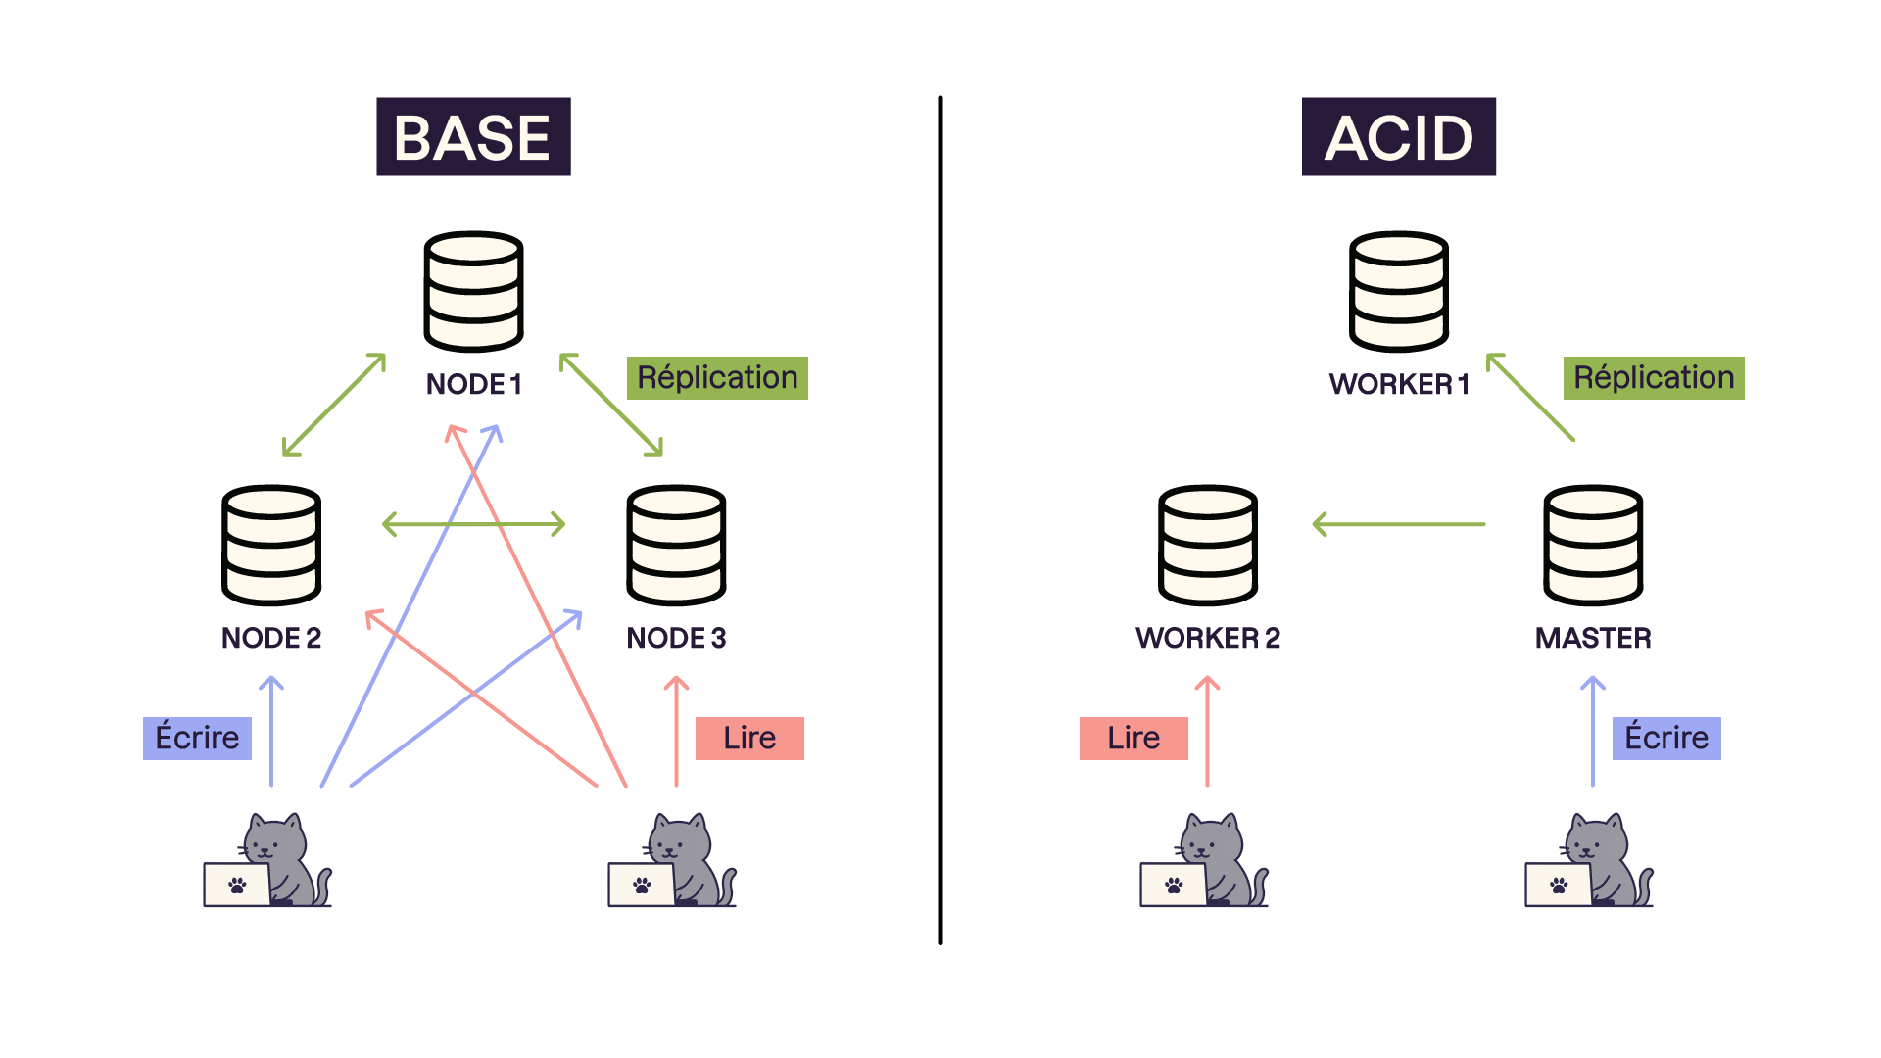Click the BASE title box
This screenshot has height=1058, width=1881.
[x=473, y=137]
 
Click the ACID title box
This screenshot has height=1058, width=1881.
[x=1398, y=137]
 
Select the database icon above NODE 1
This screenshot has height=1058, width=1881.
[x=473, y=291]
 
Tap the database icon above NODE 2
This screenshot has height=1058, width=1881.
[x=271, y=545]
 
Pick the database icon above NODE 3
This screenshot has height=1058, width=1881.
[x=676, y=545]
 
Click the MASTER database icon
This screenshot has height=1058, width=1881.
[x=1593, y=545]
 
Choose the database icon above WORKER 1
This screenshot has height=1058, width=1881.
[x=1398, y=291]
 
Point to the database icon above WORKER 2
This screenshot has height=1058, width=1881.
[x=1207, y=545]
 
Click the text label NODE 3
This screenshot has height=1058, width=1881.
[x=676, y=638]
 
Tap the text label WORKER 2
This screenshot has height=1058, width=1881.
[x=1207, y=638]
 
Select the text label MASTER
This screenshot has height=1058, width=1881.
[x=1593, y=638]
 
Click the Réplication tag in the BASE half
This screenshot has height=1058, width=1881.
[x=717, y=378]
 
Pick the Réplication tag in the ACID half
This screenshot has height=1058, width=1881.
[x=1654, y=378]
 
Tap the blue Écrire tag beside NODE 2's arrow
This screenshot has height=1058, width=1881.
[x=197, y=738]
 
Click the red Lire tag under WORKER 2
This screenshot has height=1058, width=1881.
[x=1133, y=738]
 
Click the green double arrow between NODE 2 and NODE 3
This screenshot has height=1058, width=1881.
[x=474, y=524]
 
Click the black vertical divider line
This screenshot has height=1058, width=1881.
[x=940, y=519]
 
